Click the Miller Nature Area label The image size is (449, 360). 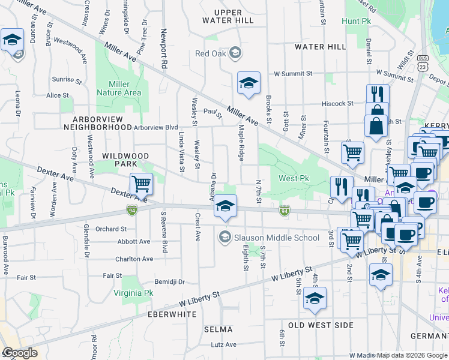119,88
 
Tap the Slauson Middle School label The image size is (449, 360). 268,238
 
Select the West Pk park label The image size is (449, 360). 293,179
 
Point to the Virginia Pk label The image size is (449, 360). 133,293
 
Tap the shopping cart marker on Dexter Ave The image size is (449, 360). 141,183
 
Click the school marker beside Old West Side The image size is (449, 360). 315,298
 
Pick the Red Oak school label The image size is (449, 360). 210,53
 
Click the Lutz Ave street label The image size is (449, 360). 223,345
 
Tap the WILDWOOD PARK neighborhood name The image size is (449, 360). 125,160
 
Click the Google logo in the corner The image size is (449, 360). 20,353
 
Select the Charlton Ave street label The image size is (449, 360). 134,259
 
